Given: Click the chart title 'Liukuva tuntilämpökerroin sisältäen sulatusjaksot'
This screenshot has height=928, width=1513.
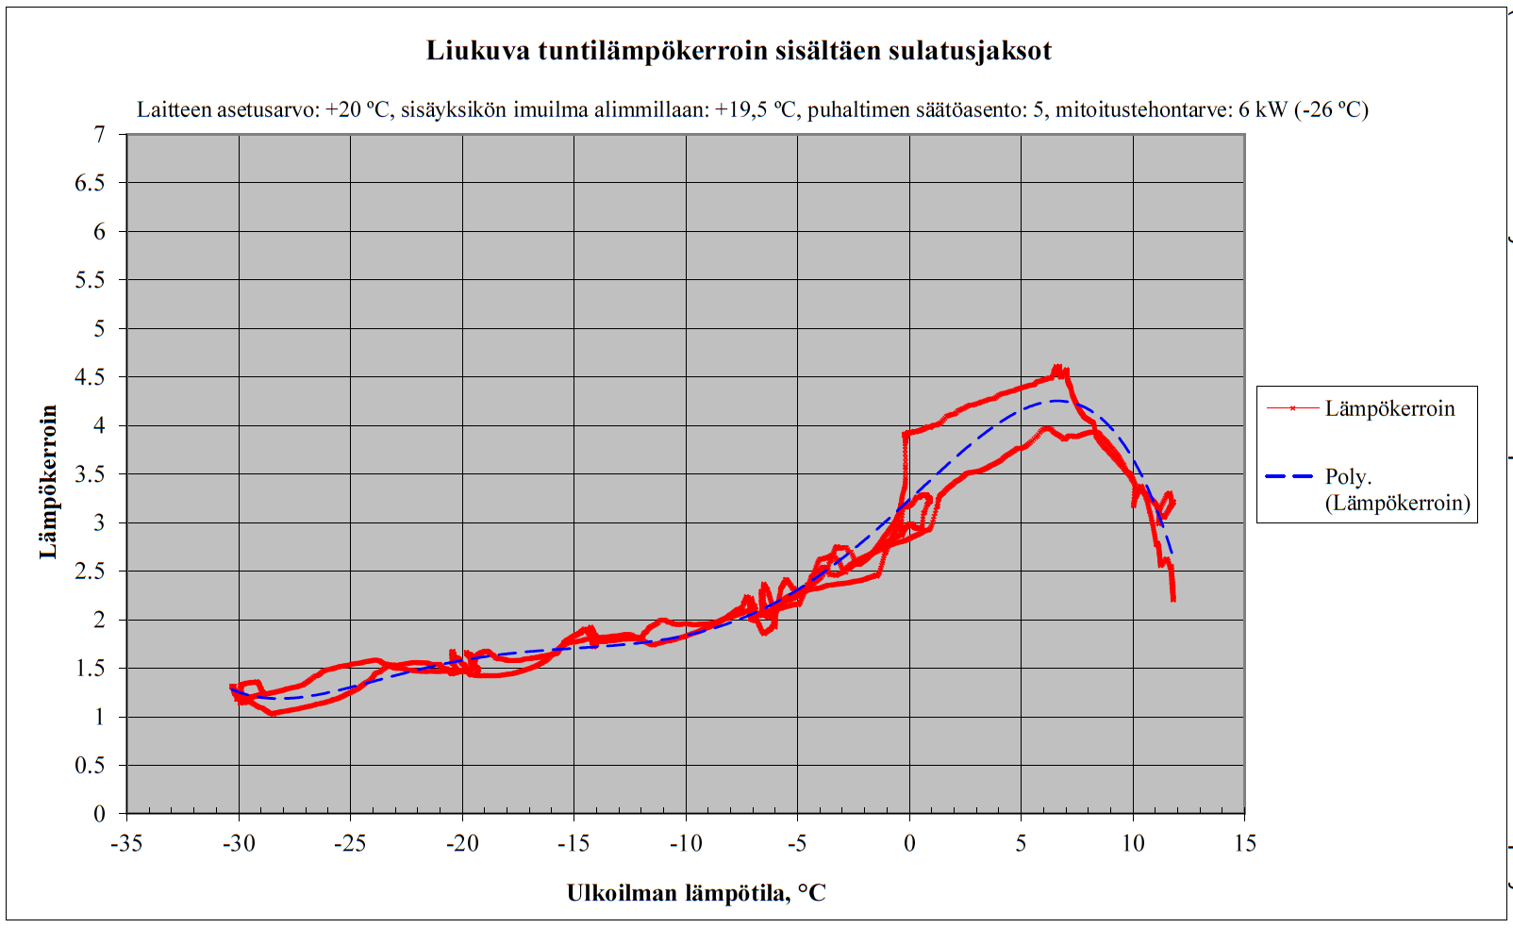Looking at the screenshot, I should tap(739, 51).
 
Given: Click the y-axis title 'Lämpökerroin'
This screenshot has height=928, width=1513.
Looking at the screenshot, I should tap(49, 482).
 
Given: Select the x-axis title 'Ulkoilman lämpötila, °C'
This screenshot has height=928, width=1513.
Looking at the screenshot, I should tap(696, 893).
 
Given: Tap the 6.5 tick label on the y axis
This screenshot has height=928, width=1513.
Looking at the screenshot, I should tap(91, 183).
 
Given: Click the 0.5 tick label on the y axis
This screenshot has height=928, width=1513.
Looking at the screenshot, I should tap(91, 765).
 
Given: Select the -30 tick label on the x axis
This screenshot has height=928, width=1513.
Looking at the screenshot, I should tap(238, 843).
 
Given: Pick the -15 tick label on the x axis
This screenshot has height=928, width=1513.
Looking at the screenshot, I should tap(574, 843).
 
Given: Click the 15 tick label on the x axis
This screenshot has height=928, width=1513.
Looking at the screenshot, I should tap(1244, 843).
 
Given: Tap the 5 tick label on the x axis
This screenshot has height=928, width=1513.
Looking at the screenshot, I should tap(1021, 843).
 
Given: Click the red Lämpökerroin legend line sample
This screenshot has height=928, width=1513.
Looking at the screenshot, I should tap(1291, 408).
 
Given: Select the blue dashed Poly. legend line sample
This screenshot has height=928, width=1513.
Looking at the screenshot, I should tap(1289, 476).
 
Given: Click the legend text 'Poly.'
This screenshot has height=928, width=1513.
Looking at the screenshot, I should tap(1348, 476).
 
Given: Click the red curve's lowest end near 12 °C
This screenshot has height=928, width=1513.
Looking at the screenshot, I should tap(1172, 598).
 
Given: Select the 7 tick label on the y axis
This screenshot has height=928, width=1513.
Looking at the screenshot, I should tap(99, 135).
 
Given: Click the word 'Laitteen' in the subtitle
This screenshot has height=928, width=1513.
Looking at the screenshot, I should tap(174, 109).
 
